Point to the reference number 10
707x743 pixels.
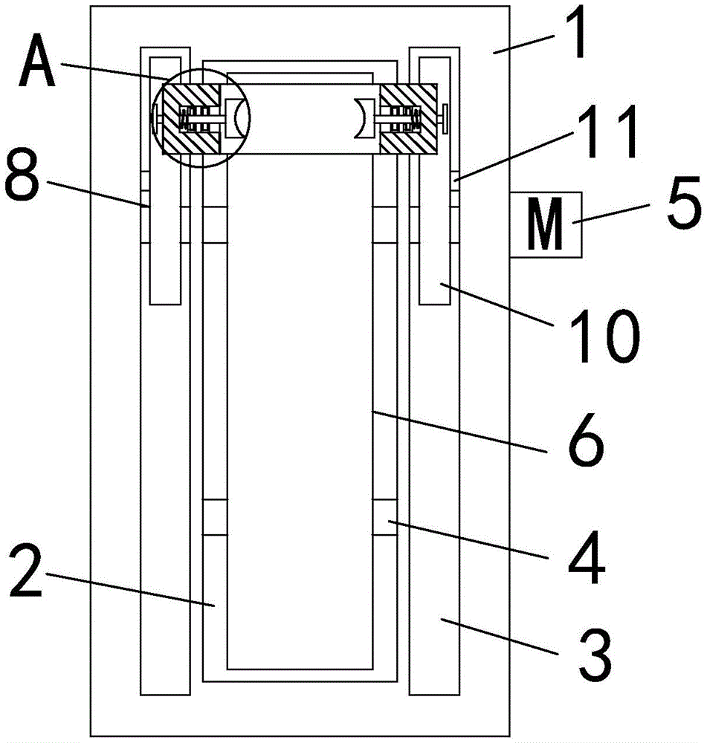point(604,336)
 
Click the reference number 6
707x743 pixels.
point(586,439)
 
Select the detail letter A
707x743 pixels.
point(37,61)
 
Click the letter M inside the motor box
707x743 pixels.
point(546,223)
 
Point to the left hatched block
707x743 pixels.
point(190,118)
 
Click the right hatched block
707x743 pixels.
point(408,118)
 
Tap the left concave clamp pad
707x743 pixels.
point(236,118)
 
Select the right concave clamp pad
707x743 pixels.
point(365,118)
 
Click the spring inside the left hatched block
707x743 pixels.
point(181,118)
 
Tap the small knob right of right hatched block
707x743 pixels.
point(445,118)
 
